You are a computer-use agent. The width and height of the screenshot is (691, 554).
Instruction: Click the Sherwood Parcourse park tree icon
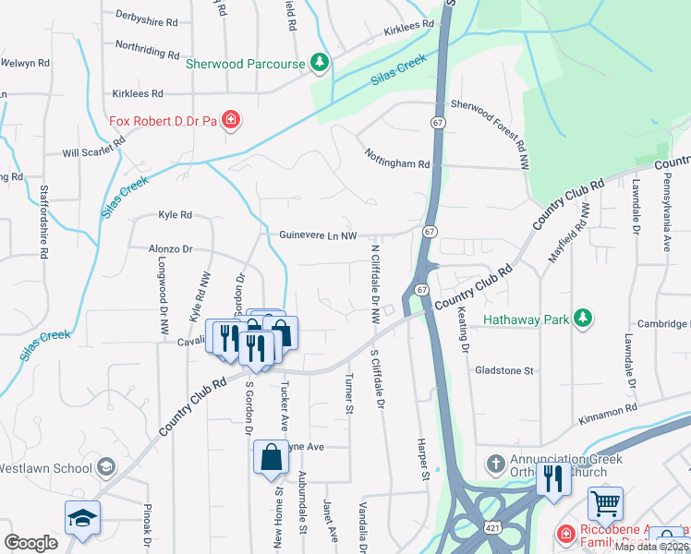point(320,63)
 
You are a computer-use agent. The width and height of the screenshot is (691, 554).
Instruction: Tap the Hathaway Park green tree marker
point(582,319)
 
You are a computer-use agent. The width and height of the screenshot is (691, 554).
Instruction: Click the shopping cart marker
point(605,504)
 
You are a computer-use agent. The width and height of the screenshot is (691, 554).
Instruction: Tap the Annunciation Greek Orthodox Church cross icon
point(494,463)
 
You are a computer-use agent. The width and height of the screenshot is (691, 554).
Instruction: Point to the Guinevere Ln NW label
point(318,236)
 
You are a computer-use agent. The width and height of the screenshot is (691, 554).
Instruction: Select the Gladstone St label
point(504,370)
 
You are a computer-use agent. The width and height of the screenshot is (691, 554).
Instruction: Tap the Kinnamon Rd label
point(608,408)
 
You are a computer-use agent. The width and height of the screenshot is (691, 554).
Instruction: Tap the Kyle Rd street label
point(175,214)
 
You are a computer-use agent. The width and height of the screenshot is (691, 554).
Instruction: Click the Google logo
point(31,543)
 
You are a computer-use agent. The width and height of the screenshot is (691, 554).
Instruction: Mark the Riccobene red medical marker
point(564,533)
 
